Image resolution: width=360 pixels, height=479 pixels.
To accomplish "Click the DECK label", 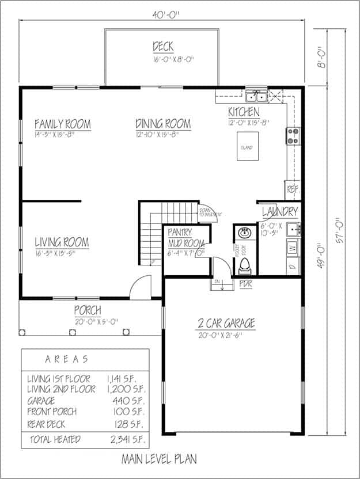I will (164, 46).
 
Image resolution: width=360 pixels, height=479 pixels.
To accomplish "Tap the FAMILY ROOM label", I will (62, 124).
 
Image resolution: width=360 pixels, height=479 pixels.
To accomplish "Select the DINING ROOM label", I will (163, 124).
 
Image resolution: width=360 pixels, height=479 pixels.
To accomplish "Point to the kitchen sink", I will (255, 96).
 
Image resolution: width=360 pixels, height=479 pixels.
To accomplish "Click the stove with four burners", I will (293, 135).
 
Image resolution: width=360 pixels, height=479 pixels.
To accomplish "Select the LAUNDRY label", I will (280, 212).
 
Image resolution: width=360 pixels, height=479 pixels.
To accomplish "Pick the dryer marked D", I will (292, 266).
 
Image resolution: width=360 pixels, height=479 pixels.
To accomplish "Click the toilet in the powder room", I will (244, 265).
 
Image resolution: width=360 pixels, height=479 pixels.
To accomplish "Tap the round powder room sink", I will (244, 234).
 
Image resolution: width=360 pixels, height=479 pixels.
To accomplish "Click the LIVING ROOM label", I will (62, 242).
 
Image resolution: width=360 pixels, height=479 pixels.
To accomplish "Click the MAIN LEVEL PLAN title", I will (159, 459).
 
